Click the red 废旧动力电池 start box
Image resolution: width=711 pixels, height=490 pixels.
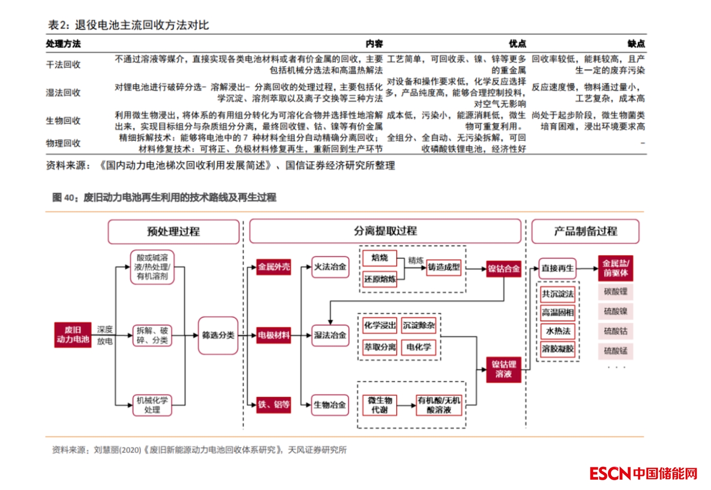click(x=73, y=335)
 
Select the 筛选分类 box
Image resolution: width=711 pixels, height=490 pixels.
click(x=218, y=335)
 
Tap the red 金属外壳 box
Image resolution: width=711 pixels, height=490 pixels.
click(x=274, y=267)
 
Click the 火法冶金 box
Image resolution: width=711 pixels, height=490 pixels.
click(x=330, y=267)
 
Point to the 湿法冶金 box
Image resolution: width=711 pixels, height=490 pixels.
click(x=330, y=335)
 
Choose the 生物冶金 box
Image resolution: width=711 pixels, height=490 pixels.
click(x=330, y=405)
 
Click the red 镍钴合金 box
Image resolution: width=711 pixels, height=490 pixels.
click(x=503, y=268)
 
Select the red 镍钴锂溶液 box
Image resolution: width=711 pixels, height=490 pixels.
click(x=503, y=369)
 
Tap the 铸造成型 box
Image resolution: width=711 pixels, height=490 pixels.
click(x=444, y=267)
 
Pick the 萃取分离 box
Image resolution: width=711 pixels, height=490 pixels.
click(x=380, y=347)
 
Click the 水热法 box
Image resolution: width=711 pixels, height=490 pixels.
click(x=557, y=331)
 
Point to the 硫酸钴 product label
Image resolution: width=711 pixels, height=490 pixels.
click(x=615, y=331)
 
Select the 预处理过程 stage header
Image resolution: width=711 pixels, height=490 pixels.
click(x=174, y=232)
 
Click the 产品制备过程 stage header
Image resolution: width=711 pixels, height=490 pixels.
click(x=585, y=232)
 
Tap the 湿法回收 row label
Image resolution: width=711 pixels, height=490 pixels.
click(x=63, y=93)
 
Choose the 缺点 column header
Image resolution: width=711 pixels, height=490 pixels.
click(x=636, y=44)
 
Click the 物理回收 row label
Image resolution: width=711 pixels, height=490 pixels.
click(x=63, y=143)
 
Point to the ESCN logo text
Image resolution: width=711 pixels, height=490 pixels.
click(x=611, y=473)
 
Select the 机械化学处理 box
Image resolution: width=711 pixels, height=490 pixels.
click(x=152, y=405)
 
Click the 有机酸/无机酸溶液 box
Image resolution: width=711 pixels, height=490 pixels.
click(x=439, y=405)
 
